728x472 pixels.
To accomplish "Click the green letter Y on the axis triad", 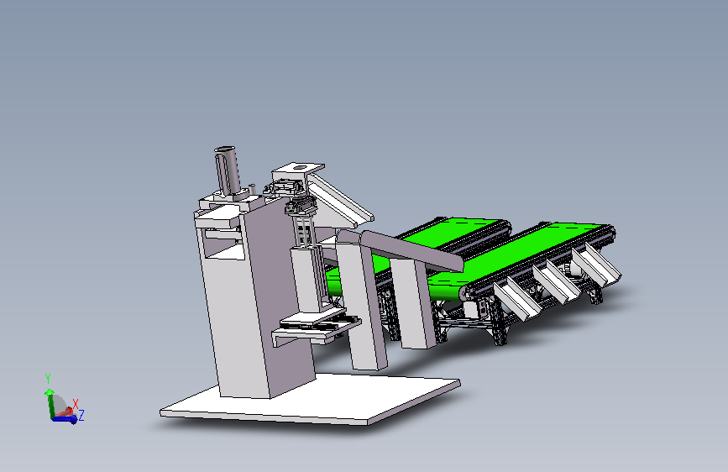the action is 48,379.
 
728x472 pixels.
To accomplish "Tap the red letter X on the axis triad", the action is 76,404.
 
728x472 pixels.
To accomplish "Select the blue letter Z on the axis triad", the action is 81,415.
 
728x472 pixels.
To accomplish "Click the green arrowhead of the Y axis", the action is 50,392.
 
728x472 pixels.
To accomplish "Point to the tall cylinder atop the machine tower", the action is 228,172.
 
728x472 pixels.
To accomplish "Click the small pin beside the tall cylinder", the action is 252,190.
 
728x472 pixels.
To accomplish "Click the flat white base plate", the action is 310,401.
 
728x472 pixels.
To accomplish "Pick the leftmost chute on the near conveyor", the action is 516,300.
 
